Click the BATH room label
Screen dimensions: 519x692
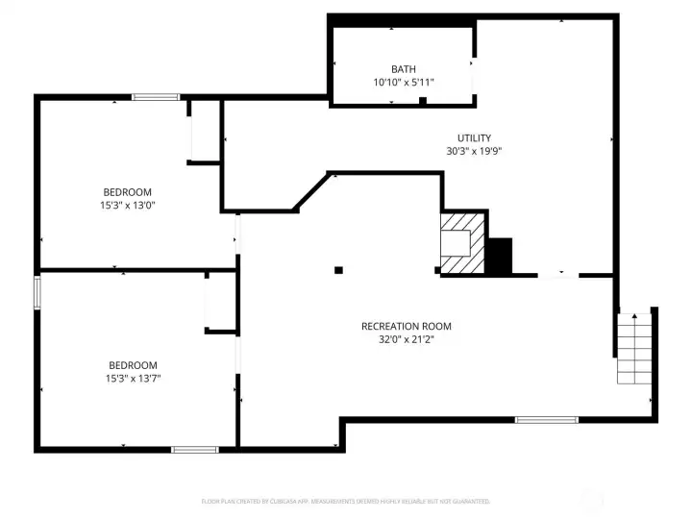coord(404,69)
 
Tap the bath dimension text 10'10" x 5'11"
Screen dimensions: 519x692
coord(404,83)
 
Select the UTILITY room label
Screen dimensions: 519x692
coord(474,138)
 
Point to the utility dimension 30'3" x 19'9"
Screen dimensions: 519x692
coord(474,151)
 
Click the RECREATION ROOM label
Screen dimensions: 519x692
coord(406,327)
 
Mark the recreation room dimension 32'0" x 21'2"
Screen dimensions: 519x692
coord(406,339)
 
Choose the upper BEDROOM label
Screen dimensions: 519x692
coord(128,192)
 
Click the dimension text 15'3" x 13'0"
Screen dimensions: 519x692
coord(128,205)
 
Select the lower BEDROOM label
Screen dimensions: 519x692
coord(133,365)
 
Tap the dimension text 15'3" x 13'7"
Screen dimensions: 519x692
coord(133,378)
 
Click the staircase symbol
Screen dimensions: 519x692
coord(633,348)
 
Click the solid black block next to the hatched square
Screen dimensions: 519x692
coord(499,257)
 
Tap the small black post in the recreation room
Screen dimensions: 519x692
coord(338,270)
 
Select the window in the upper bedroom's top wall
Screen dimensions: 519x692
coord(156,96)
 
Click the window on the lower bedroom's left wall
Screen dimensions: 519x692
coord(38,292)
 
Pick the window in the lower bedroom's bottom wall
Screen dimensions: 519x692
coord(194,449)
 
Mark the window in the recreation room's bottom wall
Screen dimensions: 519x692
coord(546,420)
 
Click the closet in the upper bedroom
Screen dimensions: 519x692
coord(205,130)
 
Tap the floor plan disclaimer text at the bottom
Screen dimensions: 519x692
coord(346,502)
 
